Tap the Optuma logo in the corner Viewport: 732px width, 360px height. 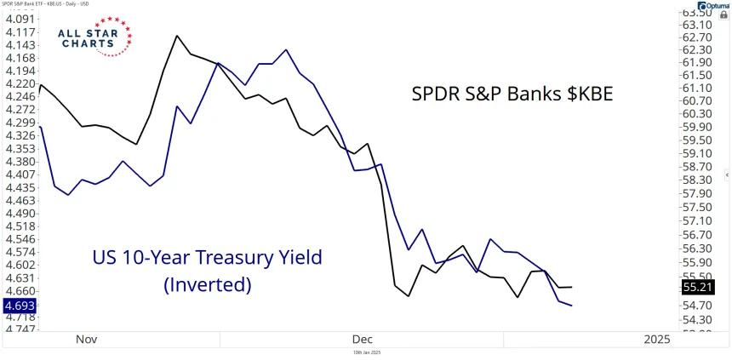703,4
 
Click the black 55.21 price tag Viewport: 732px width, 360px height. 706,288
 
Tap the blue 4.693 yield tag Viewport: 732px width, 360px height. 19,304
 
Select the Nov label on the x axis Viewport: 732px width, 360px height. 86,339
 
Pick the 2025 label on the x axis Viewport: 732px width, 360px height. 656,339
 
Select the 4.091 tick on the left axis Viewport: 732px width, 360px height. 20,19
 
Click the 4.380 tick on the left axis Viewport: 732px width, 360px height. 20,161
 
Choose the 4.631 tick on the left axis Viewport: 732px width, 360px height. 20,277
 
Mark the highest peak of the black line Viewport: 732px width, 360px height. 176,36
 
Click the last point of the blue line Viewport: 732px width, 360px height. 571,306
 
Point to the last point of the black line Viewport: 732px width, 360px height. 571,287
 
